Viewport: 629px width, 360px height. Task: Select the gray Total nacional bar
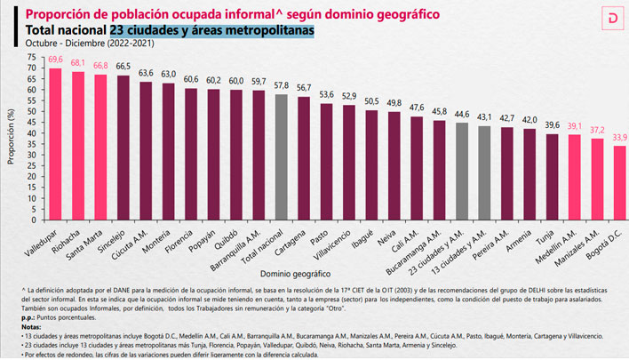282,156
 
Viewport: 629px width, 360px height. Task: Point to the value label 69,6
55,59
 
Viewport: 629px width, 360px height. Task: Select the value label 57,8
282,84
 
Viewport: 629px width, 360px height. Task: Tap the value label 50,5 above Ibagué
372,100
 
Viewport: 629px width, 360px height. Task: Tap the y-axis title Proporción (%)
11,139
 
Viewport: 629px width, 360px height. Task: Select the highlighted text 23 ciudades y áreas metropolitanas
212,29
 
